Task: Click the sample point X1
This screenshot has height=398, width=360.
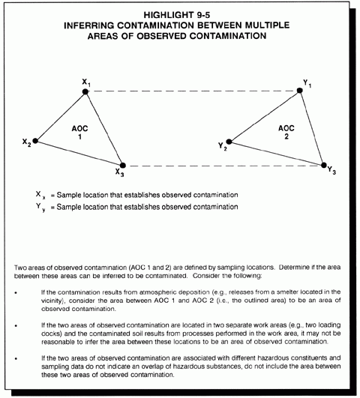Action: pyautogui.click(x=85, y=91)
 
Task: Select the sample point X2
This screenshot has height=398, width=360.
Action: pyautogui.click(x=35, y=141)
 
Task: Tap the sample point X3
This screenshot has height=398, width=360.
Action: pyautogui.click(x=123, y=166)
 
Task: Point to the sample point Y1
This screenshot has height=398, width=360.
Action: pyautogui.click(x=300, y=91)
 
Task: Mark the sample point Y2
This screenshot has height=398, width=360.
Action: pyautogui.click(x=229, y=142)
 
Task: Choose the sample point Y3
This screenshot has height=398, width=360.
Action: pyautogui.click(x=324, y=165)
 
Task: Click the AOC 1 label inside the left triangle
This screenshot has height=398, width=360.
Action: pyautogui.click(x=79, y=133)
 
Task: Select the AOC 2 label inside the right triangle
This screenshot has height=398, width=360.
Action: pyautogui.click(x=286, y=132)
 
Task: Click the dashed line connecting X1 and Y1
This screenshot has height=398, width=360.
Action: pyautogui.click(x=193, y=91)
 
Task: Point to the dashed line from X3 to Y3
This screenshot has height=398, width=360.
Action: pyautogui.click(x=223, y=166)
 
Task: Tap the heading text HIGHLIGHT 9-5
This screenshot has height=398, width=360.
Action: pyautogui.click(x=177, y=15)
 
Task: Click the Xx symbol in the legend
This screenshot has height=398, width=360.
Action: pyautogui.click(x=40, y=195)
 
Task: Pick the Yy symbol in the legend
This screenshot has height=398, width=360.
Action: pyautogui.click(x=40, y=207)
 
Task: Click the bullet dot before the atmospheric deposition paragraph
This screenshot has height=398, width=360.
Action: pyautogui.click(x=16, y=292)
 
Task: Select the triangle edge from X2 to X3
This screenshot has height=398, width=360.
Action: pyautogui.click(x=79, y=153)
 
